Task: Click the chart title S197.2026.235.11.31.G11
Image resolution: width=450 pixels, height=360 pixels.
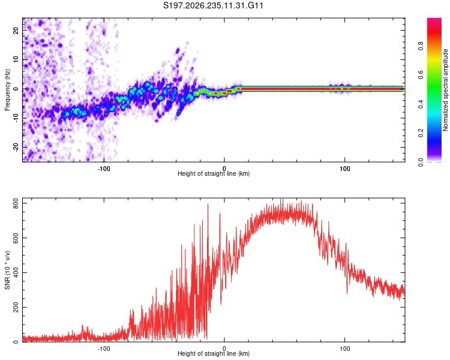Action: tap(213, 5)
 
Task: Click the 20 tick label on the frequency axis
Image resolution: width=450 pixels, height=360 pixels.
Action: tap(16, 31)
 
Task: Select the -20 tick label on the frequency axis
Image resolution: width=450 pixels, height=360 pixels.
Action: tap(16, 148)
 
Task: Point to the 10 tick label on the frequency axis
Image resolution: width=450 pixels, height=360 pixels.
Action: tap(16, 60)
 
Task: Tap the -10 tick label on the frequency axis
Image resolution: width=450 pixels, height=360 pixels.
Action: tap(16, 118)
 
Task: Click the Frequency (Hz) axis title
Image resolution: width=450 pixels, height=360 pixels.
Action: tap(7, 89)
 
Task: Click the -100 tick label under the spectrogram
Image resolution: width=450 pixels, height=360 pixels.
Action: tap(104, 169)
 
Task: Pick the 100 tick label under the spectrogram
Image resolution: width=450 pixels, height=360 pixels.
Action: tap(344, 169)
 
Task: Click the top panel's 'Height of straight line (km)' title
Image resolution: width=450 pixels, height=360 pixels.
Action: tap(214, 173)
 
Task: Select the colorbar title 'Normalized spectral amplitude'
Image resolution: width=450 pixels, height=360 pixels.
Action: tap(445, 89)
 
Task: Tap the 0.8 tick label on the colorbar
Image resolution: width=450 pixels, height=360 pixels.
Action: tap(421, 46)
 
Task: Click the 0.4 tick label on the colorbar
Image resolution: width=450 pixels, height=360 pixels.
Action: tap(421, 104)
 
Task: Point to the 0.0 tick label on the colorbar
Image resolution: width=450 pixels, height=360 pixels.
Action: tap(421, 162)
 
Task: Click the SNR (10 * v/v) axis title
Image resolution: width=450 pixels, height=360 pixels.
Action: tap(8, 270)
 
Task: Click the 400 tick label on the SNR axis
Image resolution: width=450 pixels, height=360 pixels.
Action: tap(16, 272)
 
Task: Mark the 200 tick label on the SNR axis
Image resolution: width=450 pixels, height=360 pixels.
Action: tap(16, 307)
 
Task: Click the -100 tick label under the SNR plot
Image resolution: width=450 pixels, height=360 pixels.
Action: tap(104, 349)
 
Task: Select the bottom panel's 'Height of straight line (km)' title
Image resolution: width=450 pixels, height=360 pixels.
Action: tap(214, 353)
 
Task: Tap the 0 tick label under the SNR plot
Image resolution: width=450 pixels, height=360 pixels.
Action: tap(224, 349)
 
